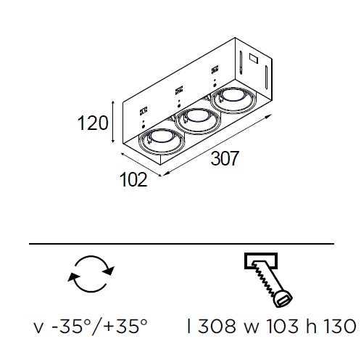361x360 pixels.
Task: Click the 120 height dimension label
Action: coord(93,123)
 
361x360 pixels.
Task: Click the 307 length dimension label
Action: coord(225,158)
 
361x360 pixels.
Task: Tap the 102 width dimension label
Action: coord(133,180)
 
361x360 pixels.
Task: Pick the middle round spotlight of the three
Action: coord(198,121)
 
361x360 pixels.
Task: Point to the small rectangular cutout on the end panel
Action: coord(254,59)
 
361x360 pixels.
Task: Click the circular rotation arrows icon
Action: coord(91,274)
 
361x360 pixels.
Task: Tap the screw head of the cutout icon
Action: coord(283,298)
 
